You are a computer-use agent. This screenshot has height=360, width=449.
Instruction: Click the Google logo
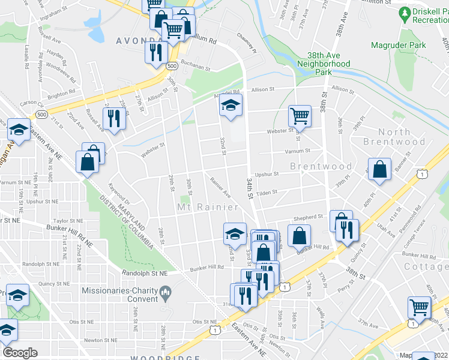point(20,353)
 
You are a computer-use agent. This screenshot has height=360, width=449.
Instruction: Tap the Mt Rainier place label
point(207,207)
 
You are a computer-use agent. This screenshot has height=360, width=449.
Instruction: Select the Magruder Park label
point(399,45)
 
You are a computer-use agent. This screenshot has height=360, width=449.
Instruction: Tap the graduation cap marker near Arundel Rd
point(230,106)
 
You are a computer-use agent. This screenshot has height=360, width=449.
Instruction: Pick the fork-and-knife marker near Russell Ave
point(112,117)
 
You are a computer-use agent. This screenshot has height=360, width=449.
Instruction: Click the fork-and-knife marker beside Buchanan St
point(155,51)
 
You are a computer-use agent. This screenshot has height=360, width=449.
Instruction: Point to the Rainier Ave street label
point(220,186)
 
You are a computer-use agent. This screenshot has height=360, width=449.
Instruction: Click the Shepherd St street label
point(308,217)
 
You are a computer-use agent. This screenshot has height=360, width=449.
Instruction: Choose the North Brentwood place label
point(394,137)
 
